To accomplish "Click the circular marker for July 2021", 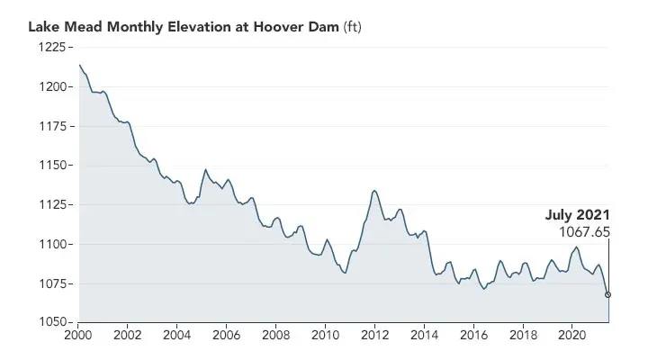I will tap(608, 294).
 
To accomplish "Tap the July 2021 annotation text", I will tap(578, 215).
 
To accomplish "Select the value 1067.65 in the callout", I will tap(584, 232).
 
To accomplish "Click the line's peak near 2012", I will tap(374, 191).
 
